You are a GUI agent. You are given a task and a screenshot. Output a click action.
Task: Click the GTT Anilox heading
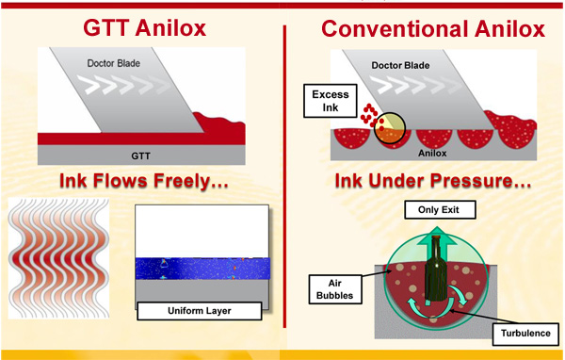coord(142,28)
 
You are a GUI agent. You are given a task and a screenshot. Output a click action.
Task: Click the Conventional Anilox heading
coord(432,28)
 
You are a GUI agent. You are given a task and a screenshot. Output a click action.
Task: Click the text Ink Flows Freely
coord(141,181)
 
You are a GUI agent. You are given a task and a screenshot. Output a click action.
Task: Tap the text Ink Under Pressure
coord(429,181)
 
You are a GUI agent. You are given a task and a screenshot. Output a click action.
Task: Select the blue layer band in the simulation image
coord(202,270)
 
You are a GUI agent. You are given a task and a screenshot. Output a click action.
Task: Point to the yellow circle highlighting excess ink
coord(389,128)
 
